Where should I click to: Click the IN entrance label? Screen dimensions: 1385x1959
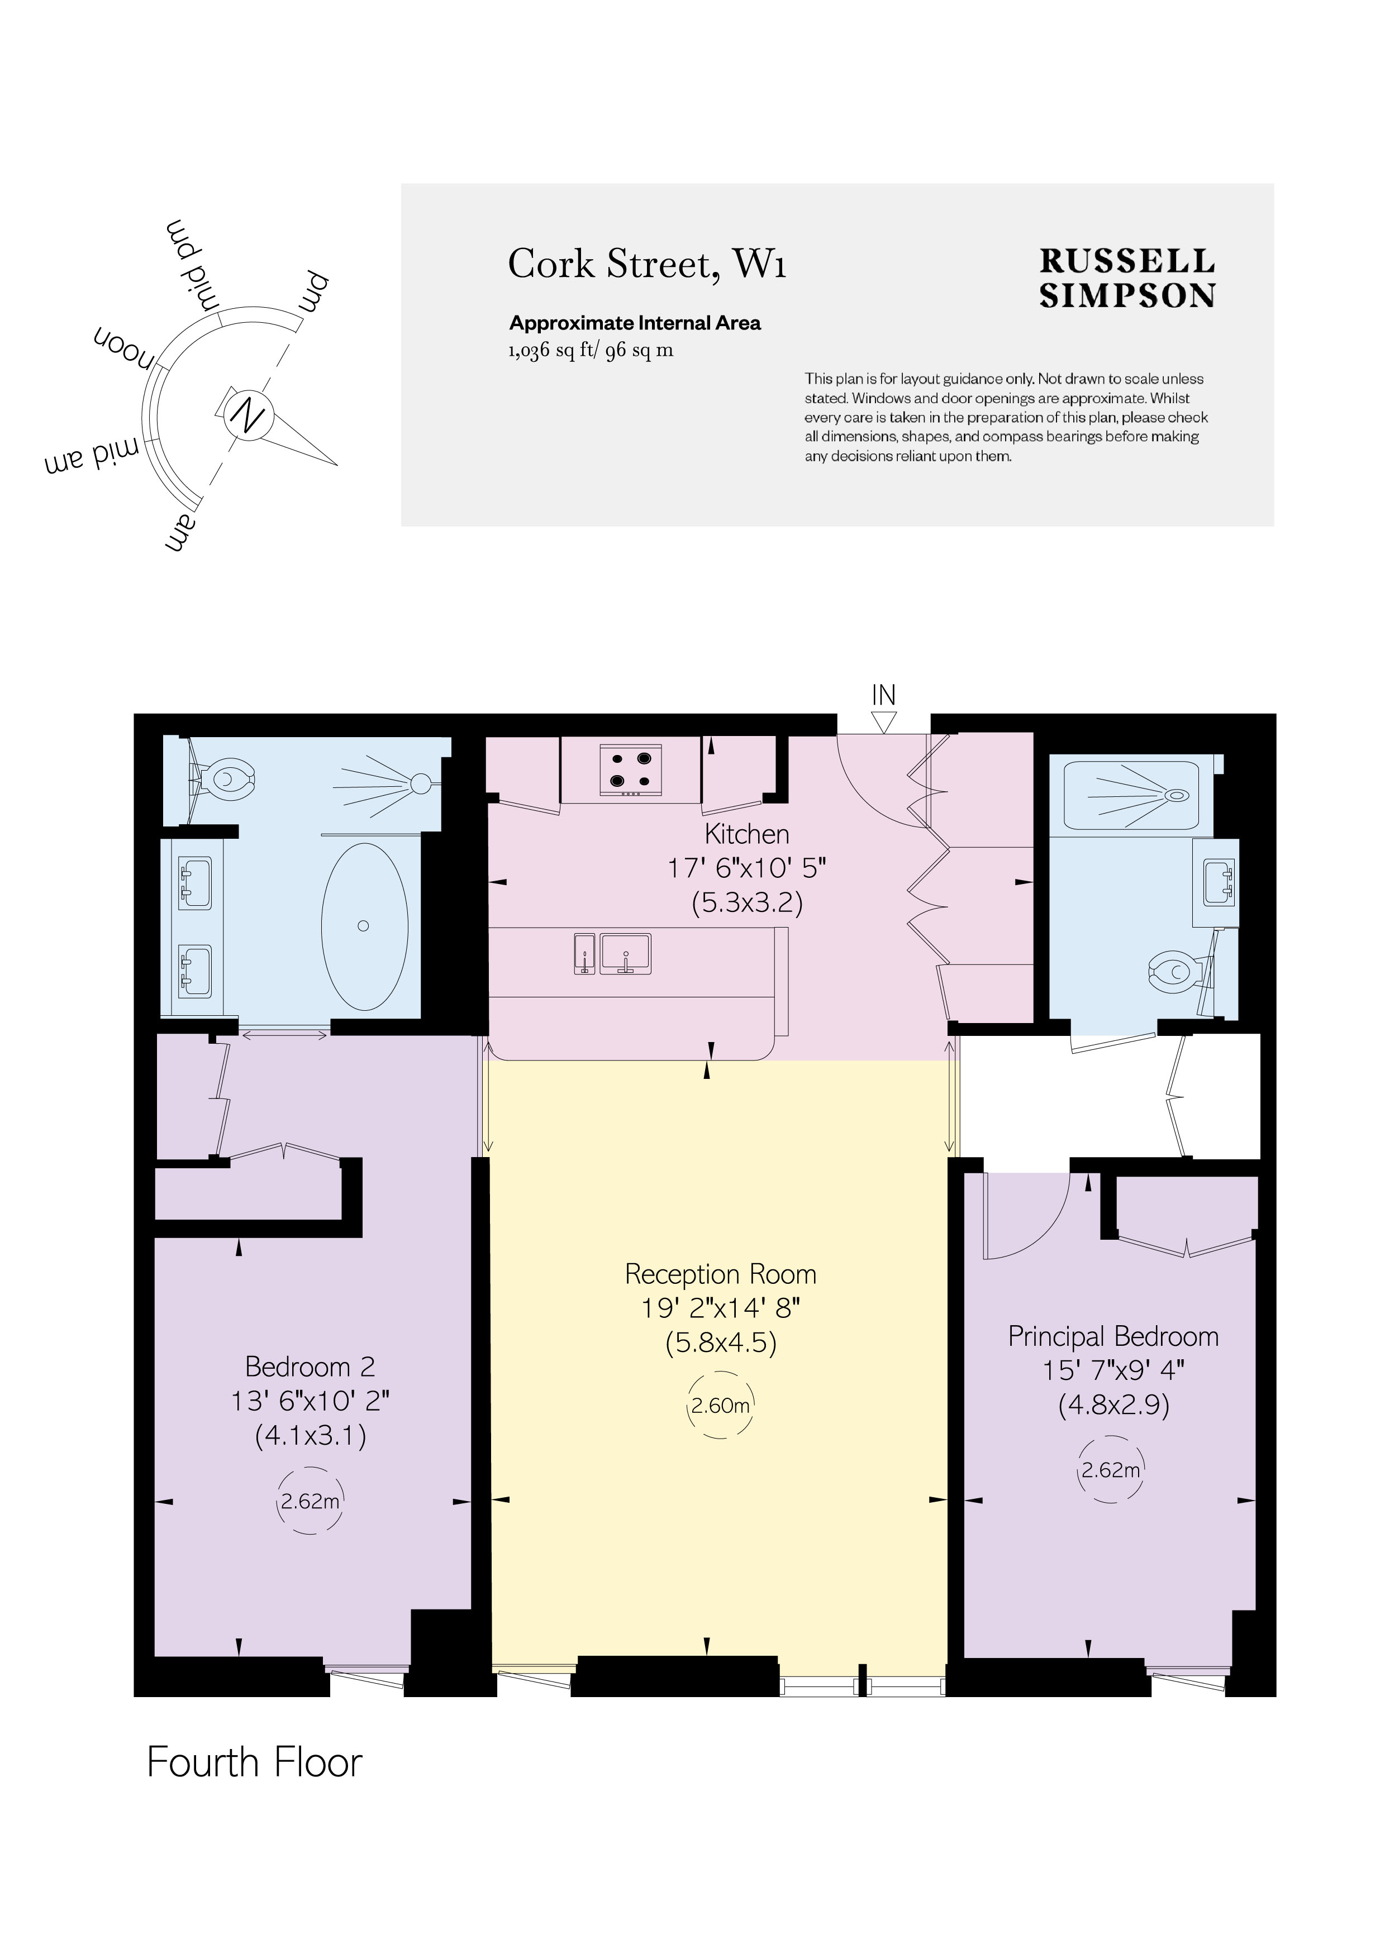click(x=883, y=695)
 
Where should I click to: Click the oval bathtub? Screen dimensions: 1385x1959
click(x=364, y=926)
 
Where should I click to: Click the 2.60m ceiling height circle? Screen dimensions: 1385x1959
click(x=720, y=1404)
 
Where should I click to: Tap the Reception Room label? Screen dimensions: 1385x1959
click(x=720, y=1274)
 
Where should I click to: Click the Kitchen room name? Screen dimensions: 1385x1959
click(x=746, y=834)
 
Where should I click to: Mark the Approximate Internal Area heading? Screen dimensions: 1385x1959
click(x=634, y=323)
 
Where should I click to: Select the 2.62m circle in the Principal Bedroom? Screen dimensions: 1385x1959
click(x=1110, y=1470)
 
